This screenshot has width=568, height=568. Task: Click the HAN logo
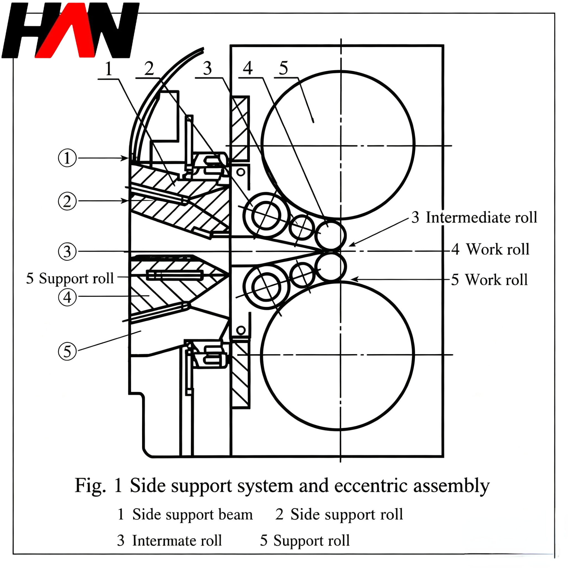pos(70,30)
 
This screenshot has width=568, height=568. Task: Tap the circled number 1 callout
pos(67,158)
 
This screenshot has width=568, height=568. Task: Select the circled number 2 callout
pos(67,201)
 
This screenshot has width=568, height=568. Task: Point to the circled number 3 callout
pos(67,252)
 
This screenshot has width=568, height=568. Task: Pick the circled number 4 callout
pos(67,297)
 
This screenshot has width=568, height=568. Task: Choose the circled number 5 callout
pos(67,351)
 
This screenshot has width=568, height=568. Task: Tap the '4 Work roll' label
pos(490,249)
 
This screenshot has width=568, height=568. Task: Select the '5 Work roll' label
pos(490,280)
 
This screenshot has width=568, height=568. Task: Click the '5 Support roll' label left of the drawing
pos(70,278)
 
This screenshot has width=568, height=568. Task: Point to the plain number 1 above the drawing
pos(109,69)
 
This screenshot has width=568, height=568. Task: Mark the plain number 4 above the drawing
pos(248,68)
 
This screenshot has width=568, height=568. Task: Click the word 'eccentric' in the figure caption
pos(371,485)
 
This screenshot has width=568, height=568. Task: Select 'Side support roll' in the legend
pos(347,514)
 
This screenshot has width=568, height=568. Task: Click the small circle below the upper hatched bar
pos(241,172)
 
